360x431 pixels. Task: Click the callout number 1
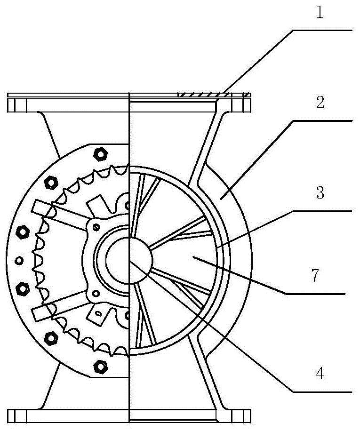pyautogui.click(x=320, y=13)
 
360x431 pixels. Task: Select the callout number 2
pyautogui.click(x=320, y=103)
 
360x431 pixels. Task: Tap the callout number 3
pyautogui.click(x=320, y=193)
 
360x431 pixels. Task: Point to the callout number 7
pyautogui.click(x=315, y=275)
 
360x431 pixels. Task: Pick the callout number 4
pyautogui.click(x=320, y=374)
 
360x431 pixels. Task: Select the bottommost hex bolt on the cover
pyautogui.click(x=100, y=366)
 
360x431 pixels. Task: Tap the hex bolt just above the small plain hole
pyautogui.click(x=23, y=232)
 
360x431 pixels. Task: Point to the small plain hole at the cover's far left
pyautogui.click(x=19, y=260)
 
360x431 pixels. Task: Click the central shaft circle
pyautogui.click(x=129, y=260)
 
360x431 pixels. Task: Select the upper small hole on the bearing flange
pyautogui.click(x=96, y=227)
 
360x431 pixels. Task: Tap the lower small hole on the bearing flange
pyautogui.click(x=96, y=293)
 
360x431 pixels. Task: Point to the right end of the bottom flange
pyautogui.click(x=250, y=416)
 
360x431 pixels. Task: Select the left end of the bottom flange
pyautogui.click(x=8, y=416)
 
